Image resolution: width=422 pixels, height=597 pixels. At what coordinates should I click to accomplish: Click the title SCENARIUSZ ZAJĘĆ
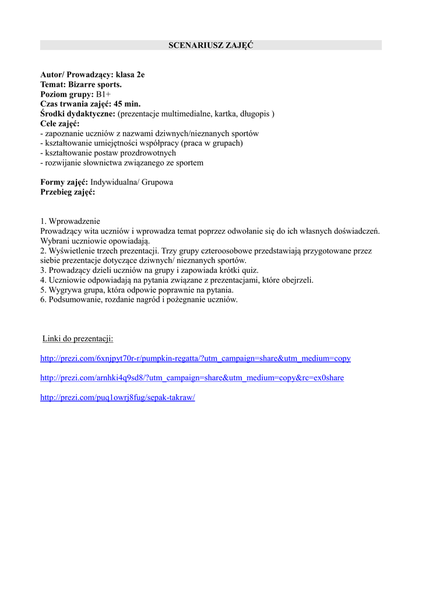[x=210, y=45]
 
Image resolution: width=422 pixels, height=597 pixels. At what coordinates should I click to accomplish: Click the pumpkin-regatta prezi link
[x=195, y=359]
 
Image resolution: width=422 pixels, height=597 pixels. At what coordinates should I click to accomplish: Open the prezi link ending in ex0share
[x=192, y=378]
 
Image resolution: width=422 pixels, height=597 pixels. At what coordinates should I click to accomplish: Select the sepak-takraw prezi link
[x=117, y=398]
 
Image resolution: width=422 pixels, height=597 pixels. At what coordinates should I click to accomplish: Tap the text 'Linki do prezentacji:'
[x=78, y=339]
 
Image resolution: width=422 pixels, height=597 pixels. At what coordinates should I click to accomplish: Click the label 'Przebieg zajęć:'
[x=68, y=192]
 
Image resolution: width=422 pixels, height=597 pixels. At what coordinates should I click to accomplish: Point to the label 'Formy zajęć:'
[x=64, y=182]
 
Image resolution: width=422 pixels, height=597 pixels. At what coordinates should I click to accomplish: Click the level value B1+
[x=104, y=94]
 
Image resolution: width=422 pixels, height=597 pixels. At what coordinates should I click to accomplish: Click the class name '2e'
[x=140, y=75]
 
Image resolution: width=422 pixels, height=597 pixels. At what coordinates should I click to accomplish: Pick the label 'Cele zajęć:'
[x=60, y=124]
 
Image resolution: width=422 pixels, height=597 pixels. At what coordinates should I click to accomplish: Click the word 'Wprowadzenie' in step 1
[x=75, y=222]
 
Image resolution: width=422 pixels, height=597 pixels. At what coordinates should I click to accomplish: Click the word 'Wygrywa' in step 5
[x=65, y=290]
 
